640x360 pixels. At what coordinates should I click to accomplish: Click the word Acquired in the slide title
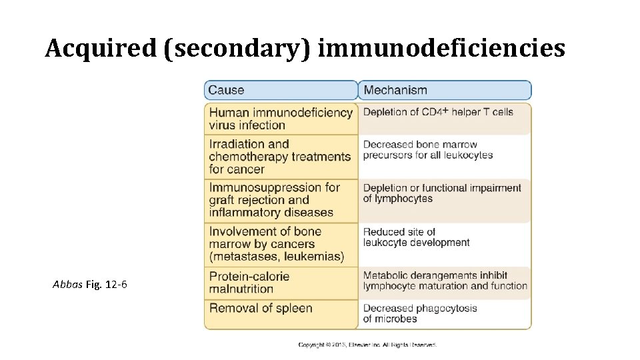coord(99,48)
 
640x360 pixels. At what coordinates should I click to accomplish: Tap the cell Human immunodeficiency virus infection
coord(281,119)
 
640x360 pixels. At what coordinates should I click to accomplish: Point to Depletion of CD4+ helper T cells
coord(438,112)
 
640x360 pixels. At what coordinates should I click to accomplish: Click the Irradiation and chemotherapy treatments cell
coord(281,157)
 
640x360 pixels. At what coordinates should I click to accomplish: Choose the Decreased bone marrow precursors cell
coord(428,150)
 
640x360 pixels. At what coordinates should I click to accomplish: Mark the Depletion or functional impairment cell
coord(442,193)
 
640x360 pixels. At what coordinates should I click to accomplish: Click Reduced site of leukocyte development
coord(417,237)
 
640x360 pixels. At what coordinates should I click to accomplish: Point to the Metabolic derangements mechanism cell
coord(445,281)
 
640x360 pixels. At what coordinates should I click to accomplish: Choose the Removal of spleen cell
coord(261,308)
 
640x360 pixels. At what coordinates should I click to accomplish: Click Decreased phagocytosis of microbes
coord(420,313)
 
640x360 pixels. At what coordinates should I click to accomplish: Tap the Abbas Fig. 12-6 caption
coord(90,285)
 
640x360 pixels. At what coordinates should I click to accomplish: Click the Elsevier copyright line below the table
coord(367,345)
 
